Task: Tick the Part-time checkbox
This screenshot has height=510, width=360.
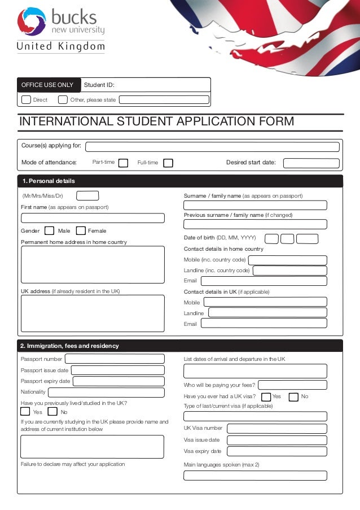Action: coord(123,163)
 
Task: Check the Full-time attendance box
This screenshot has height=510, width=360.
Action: coord(168,163)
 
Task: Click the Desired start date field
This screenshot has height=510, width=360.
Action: coord(311,163)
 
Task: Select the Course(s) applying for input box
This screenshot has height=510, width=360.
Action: coord(212,147)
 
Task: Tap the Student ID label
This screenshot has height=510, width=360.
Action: coord(99,85)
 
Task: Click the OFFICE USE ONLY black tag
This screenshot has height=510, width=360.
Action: coord(48,85)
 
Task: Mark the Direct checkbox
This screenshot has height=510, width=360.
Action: coord(26,100)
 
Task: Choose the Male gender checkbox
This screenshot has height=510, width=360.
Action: coord(49,230)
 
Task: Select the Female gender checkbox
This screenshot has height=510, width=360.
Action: coord(81,230)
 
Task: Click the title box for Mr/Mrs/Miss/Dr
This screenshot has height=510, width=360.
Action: coord(87,195)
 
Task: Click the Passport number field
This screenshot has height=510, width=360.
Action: coord(115,359)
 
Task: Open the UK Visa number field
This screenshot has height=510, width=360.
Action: coord(276,428)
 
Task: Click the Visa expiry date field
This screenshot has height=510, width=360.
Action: coord(276,451)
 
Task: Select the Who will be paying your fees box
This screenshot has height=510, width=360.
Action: coord(292,385)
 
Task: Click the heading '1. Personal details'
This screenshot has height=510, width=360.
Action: coord(48,181)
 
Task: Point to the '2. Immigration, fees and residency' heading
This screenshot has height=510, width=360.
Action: coord(69,346)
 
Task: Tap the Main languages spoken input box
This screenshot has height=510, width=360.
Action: coord(255,475)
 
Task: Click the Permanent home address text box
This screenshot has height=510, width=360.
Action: coord(93,264)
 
